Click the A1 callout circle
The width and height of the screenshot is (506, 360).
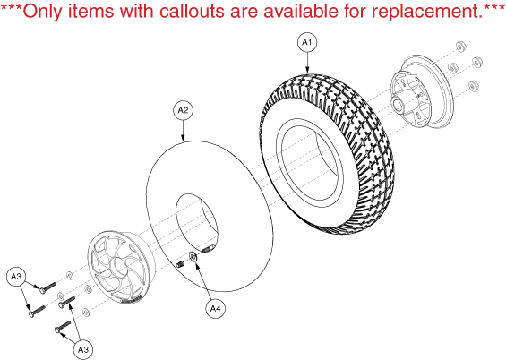click(x=307, y=42)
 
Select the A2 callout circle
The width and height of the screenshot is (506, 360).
click(x=183, y=110)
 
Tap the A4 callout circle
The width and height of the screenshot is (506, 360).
click(x=215, y=309)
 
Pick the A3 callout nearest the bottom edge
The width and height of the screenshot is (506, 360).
click(x=83, y=349)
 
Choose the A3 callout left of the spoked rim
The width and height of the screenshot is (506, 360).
click(x=16, y=277)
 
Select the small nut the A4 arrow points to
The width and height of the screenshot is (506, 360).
click(x=193, y=257)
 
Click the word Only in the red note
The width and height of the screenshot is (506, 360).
click(x=43, y=12)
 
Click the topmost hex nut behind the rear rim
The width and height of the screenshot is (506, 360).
click(x=460, y=47)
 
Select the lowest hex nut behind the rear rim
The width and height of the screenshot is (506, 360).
click(x=474, y=86)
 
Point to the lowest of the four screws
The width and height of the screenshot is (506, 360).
click(x=63, y=327)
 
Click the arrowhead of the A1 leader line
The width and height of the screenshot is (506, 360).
click(x=307, y=71)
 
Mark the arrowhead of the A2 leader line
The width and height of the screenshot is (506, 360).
click(x=183, y=139)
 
